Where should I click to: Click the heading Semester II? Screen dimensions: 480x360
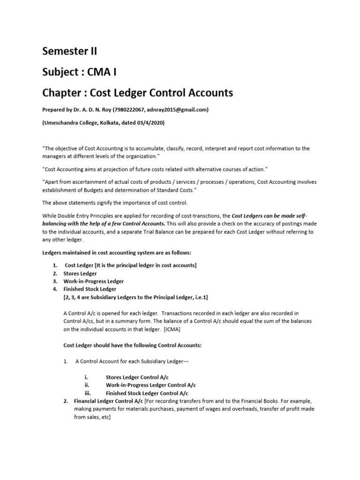(x=70, y=52)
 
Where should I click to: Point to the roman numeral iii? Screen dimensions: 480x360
(x=88, y=393)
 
